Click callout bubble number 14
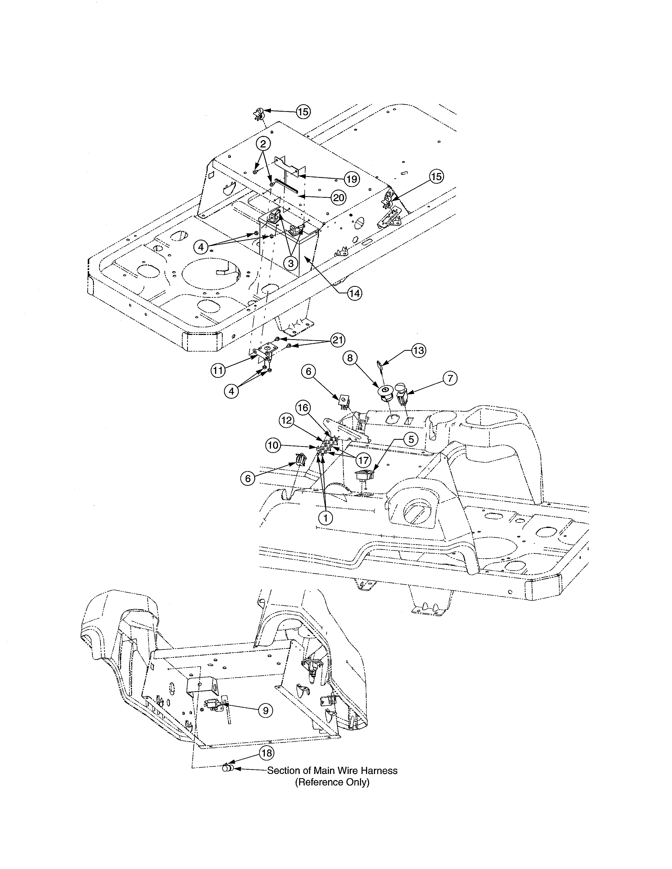point(354,294)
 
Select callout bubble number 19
point(352,179)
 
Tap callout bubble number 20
point(338,198)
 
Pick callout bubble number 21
point(337,340)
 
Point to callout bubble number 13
point(418,350)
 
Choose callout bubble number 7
point(450,378)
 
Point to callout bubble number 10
point(273,445)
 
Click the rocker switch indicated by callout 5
point(364,475)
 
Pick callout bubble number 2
point(263,144)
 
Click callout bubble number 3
point(291,263)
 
